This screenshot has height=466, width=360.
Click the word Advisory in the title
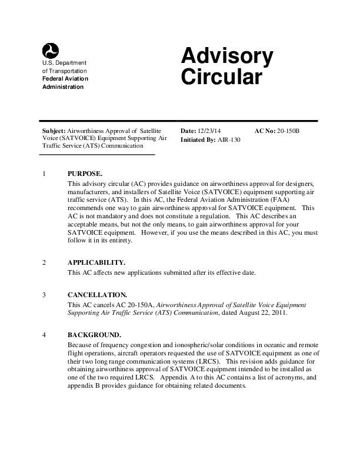coord(227,57)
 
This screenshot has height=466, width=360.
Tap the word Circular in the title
coord(221,78)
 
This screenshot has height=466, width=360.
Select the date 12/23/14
coord(209,130)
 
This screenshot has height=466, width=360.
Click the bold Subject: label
coord(54,130)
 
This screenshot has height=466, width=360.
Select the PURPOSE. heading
coord(85,174)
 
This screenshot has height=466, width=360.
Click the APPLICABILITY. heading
coord(96,262)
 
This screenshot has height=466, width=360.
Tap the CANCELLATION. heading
coord(97,295)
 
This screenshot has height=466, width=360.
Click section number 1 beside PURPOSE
coord(45,174)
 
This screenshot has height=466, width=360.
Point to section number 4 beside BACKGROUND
coord(45,335)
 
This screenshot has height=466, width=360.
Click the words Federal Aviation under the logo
coord(64,79)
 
